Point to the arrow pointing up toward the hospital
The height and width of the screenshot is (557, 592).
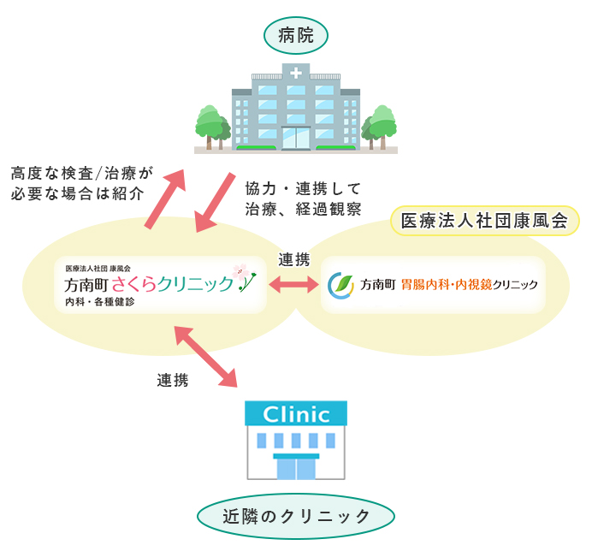(165, 196)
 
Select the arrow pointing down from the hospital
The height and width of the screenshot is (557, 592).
(216, 202)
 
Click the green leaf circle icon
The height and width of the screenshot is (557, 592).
(341, 284)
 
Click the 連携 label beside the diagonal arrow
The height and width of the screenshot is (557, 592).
(173, 381)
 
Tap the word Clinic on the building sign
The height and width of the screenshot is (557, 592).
(296, 414)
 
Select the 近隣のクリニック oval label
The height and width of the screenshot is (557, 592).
(296, 516)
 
